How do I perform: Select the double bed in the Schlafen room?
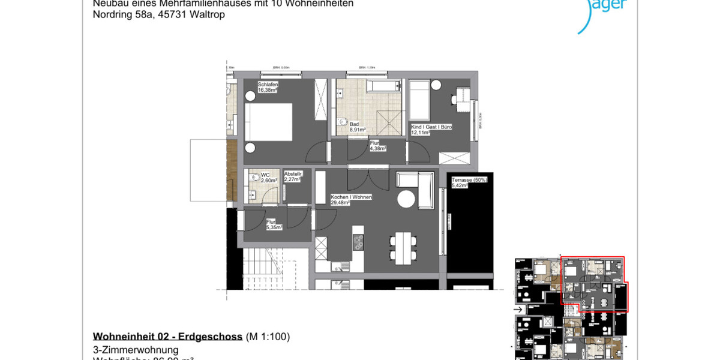coord(268,124)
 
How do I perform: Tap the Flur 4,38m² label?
coord(377,145)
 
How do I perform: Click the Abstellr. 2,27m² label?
coord(293,176)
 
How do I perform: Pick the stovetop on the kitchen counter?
coord(359,243)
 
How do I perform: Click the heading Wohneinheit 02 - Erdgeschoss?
coord(167,336)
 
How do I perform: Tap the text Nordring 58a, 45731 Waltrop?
coord(159,14)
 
